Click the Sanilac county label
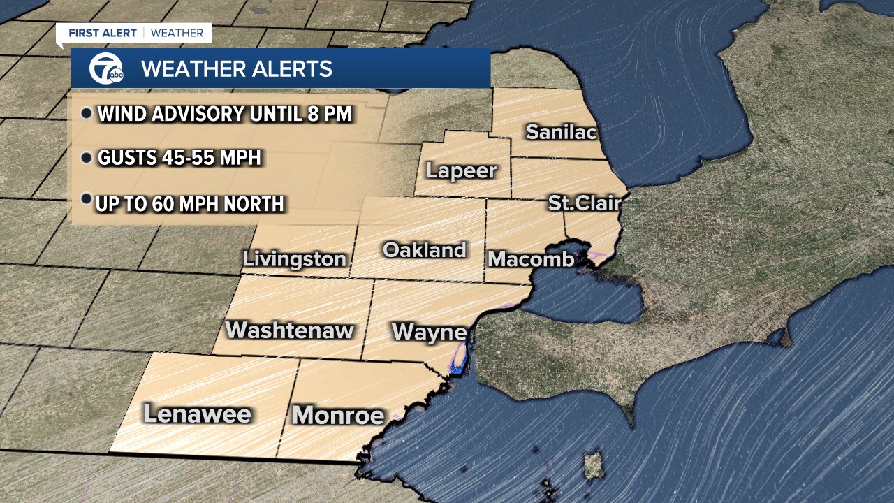pyautogui.click(x=562, y=131)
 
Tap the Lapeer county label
pyautogui.click(x=461, y=170)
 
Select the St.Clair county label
pyautogui.click(x=584, y=203)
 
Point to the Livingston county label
pyautogui.click(x=294, y=259)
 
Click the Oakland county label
pyautogui.click(x=425, y=250)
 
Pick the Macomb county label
pyautogui.click(x=531, y=259)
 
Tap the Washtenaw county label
pyautogui.click(x=290, y=330)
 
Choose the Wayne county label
pyautogui.click(x=429, y=332)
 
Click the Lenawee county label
pyautogui.click(x=197, y=414)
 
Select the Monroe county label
pyautogui.click(x=339, y=416)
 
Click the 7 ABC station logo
pyautogui.click(x=105, y=68)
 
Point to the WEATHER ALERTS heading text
pyautogui.click(x=236, y=69)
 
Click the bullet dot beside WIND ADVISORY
pyautogui.click(x=87, y=114)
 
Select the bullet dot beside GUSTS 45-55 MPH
pyautogui.click(x=87, y=159)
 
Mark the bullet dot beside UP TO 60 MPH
pyautogui.click(x=87, y=200)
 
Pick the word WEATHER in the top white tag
pyautogui.click(x=177, y=33)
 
